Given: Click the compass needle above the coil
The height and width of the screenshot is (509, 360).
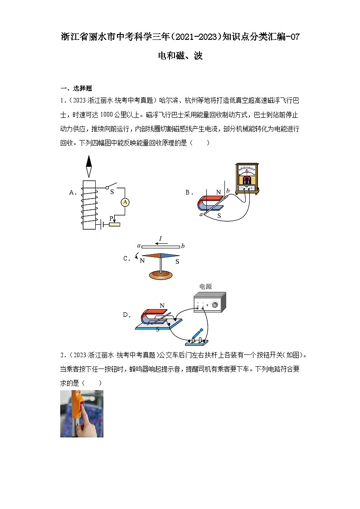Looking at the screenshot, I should (x=89, y=166).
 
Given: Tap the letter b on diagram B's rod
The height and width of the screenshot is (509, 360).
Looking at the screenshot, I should (x=228, y=189).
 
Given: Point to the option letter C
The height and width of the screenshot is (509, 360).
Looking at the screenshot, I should (x=127, y=259).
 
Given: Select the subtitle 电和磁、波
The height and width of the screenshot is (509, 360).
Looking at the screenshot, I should (x=180, y=56).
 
